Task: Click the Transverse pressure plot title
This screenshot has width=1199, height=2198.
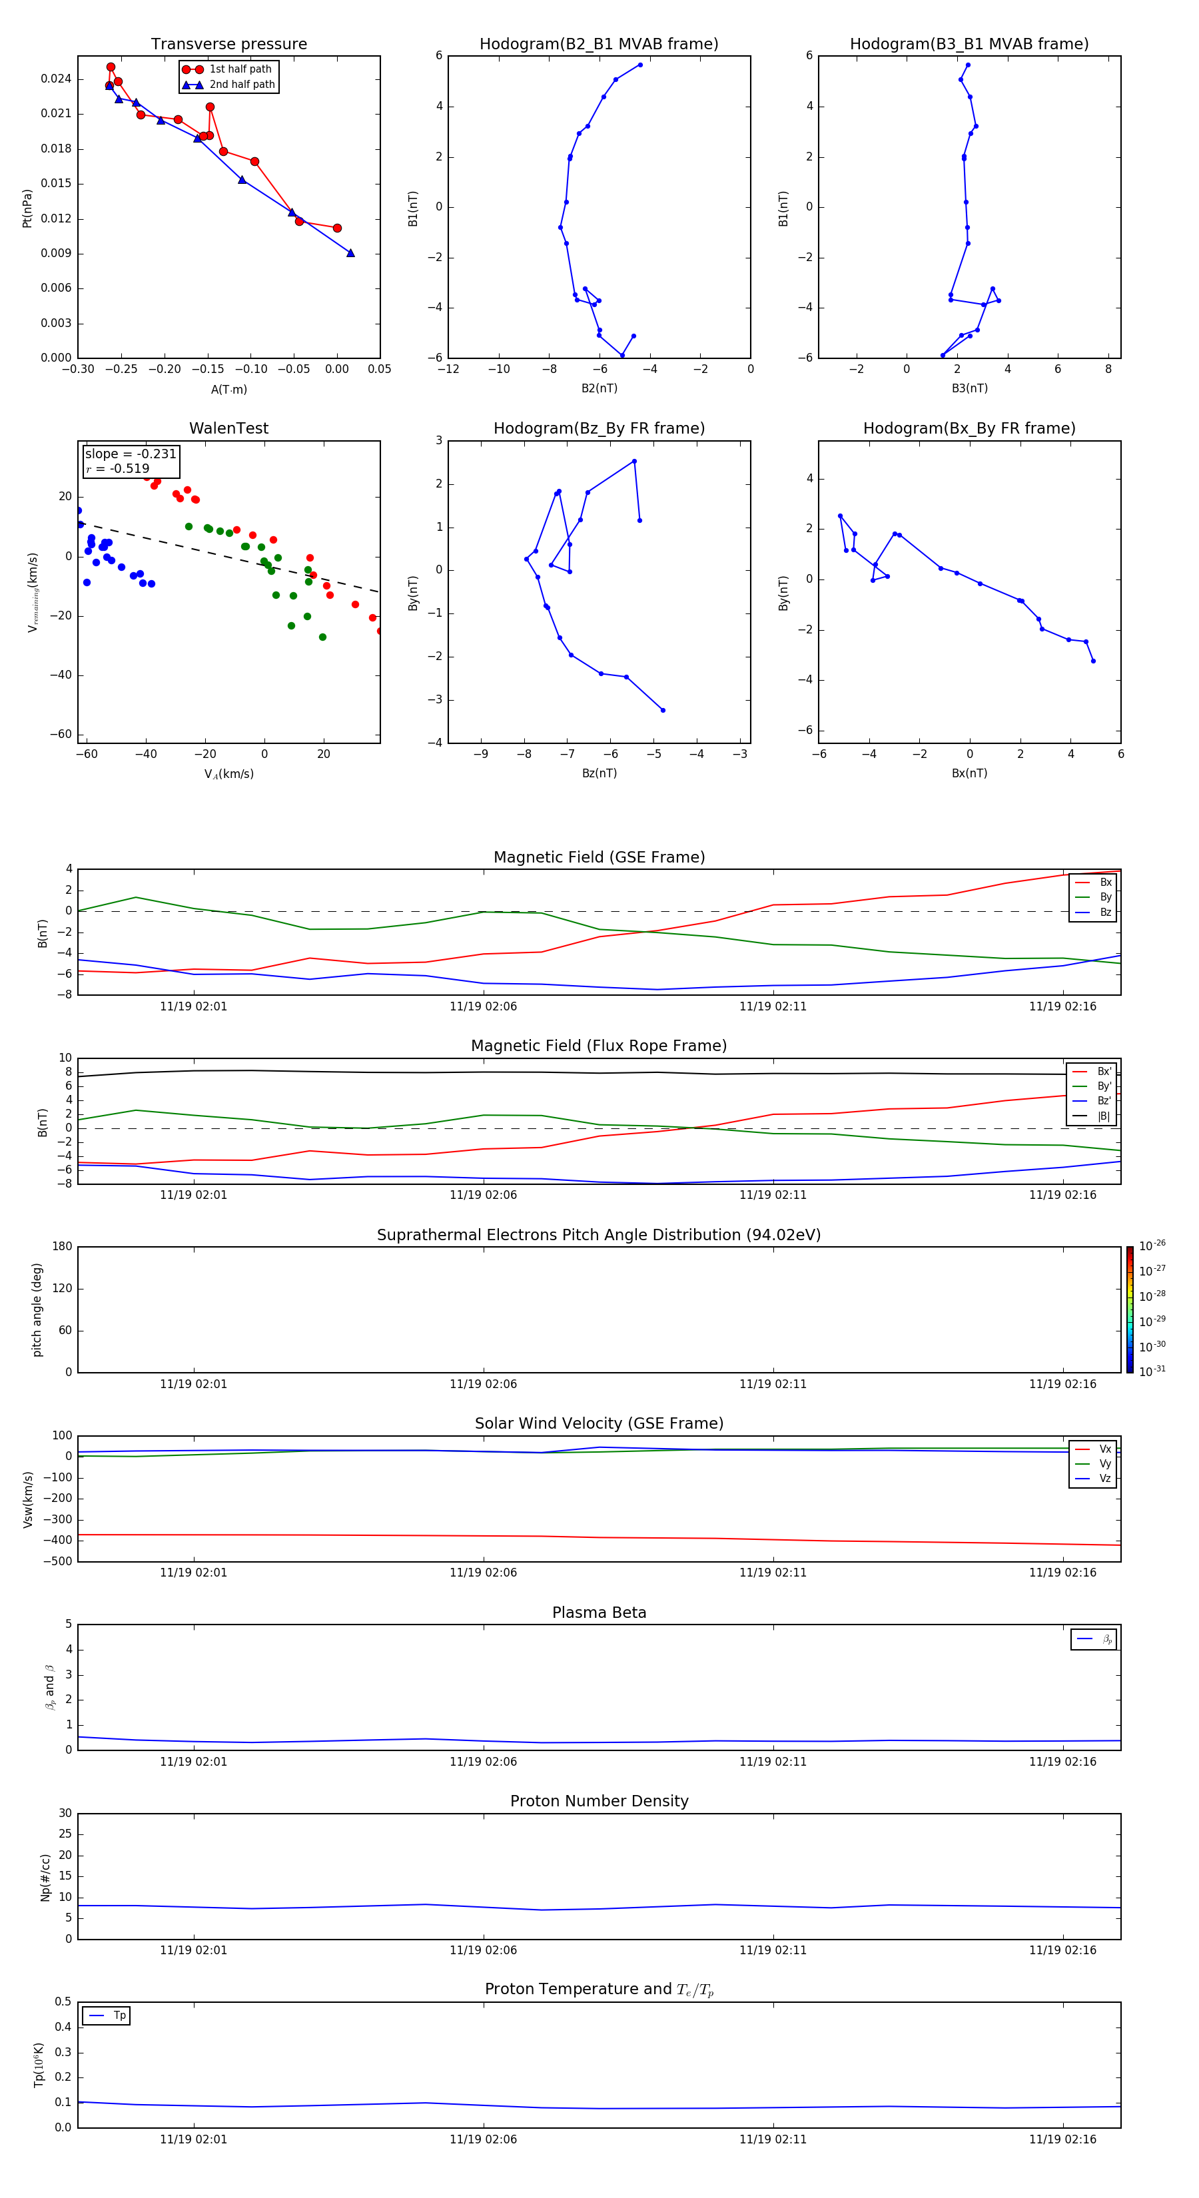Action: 228,45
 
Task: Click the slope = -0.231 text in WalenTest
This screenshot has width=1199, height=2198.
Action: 131,454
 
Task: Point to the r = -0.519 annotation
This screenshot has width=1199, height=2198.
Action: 118,468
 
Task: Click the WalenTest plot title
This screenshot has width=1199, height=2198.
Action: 228,428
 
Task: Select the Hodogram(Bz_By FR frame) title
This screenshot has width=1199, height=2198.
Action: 599,428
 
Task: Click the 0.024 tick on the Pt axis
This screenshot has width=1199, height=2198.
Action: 57,79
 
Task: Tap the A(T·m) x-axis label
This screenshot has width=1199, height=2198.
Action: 228,390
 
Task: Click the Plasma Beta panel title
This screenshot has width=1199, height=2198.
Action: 599,1613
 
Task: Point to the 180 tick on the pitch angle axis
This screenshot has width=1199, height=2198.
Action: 63,1247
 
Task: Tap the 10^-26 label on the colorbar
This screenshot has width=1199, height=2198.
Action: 1152,1246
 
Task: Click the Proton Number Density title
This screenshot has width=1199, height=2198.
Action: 599,1801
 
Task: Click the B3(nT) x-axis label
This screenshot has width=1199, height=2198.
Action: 969,388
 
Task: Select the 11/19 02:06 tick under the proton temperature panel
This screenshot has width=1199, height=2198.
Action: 483,2139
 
